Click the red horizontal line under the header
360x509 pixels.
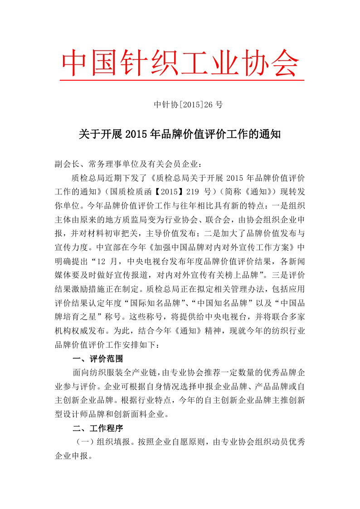181,80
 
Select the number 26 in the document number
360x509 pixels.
208,105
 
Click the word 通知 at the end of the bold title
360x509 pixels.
270,135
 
